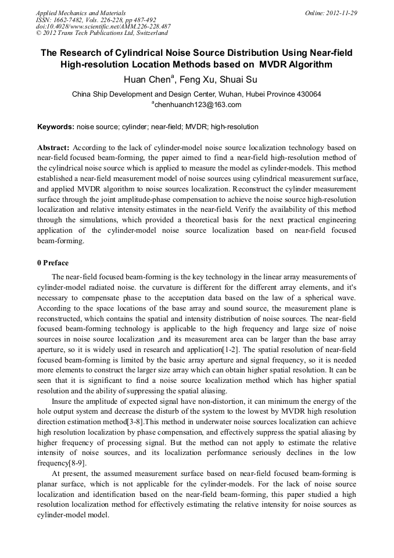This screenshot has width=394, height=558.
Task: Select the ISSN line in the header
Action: click(96, 19)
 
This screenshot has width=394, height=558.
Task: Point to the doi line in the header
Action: click(103, 26)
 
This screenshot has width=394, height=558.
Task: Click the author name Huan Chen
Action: click(146, 80)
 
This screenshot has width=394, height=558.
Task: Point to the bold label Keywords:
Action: click(56, 126)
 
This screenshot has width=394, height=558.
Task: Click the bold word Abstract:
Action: click(53, 148)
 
